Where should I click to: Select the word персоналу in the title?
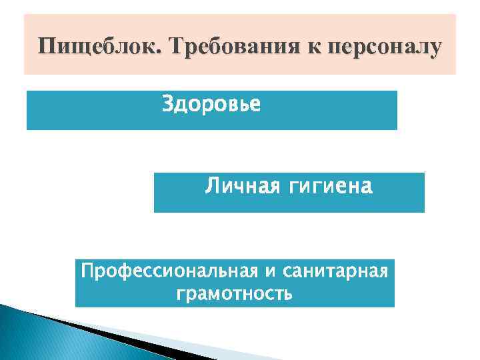389,48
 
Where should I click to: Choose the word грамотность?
235,293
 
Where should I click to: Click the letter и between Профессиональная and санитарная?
271,273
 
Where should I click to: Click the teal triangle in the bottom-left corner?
27,337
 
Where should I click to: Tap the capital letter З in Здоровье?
167,105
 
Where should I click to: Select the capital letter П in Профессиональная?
86,272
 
